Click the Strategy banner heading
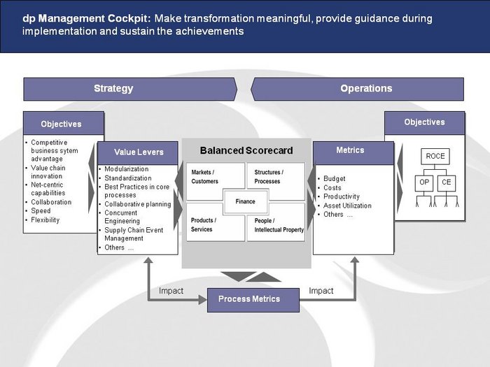113,89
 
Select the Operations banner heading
366,89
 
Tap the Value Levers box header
138,152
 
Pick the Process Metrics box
253,300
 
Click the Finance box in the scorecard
245,201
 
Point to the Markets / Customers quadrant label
204,177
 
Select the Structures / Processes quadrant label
269,177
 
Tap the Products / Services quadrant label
204,224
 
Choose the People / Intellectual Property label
279,225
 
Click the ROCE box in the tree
435,157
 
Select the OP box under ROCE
424,183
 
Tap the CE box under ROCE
447,183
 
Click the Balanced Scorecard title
246,151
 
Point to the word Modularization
127,169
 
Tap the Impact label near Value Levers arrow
171,291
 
